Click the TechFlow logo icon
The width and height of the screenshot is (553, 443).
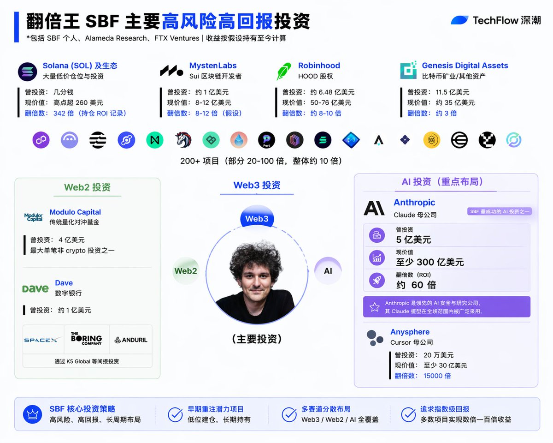point(459,20)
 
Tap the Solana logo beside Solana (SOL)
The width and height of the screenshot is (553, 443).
point(28,72)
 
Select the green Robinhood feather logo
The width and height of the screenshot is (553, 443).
point(284,71)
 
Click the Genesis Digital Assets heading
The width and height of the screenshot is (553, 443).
point(465,66)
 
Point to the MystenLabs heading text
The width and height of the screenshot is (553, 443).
point(213,66)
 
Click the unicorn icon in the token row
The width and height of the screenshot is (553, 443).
point(183,140)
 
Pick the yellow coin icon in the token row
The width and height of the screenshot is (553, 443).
point(432,140)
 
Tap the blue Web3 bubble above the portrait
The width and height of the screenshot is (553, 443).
point(257,218)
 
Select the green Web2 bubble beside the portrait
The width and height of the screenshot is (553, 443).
point(186,271)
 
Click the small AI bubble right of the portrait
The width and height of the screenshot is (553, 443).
point(328,271)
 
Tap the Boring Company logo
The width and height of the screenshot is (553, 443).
point(86,339)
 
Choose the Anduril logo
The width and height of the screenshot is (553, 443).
point(131,340)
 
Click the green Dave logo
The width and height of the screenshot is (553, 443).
point(35,288)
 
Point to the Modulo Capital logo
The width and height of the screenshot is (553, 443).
point(34,217)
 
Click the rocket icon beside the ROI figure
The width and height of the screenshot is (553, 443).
point(377,280)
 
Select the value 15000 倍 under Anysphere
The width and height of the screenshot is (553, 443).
point(437,376)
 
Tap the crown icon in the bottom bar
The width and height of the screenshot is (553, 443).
point(32,414)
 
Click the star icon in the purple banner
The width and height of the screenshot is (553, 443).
point(374,307)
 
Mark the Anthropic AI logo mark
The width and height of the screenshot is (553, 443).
point(374,208)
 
